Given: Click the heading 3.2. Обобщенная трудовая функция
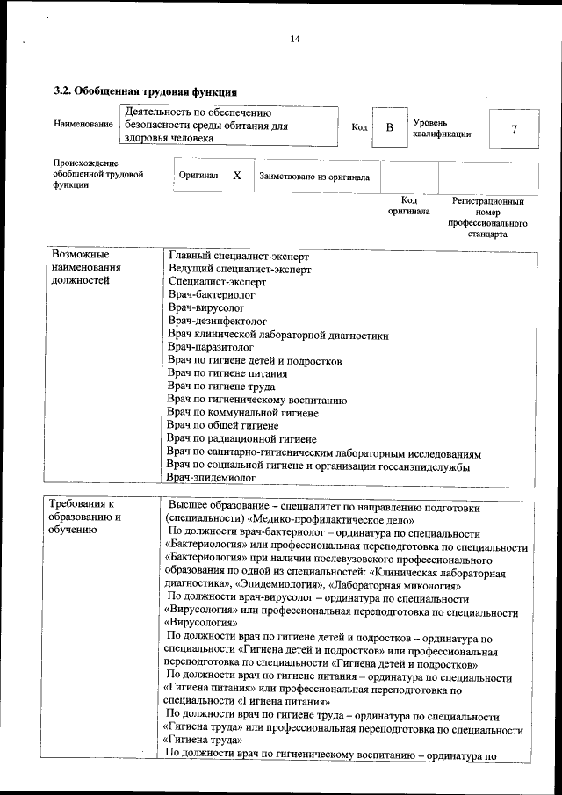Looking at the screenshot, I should point(145,91).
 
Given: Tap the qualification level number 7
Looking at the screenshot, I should point(513,128).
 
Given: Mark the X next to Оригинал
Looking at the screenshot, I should point(237,176).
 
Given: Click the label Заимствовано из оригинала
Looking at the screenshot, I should point(313,177).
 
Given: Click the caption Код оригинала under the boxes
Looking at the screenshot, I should point(408,206).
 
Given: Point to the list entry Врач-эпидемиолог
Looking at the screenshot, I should point(211,478).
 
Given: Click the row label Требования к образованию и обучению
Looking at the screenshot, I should point(85,517).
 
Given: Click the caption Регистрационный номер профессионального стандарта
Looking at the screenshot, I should point(488,218).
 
